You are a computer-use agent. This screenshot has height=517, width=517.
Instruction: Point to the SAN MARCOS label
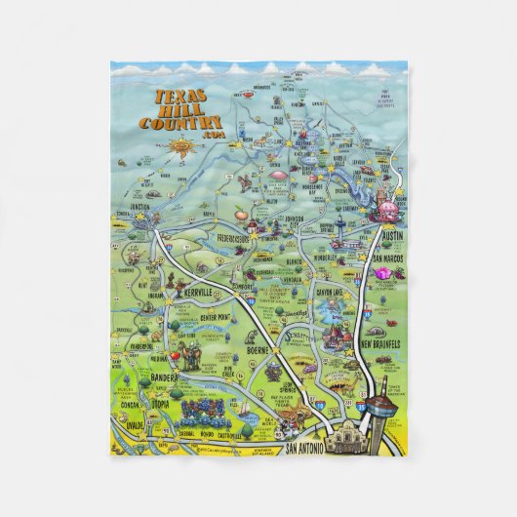click(389, 258)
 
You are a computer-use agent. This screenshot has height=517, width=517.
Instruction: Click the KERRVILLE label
click(199, 293)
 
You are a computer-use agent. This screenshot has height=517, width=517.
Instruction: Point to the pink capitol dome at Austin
click(385, 211)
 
